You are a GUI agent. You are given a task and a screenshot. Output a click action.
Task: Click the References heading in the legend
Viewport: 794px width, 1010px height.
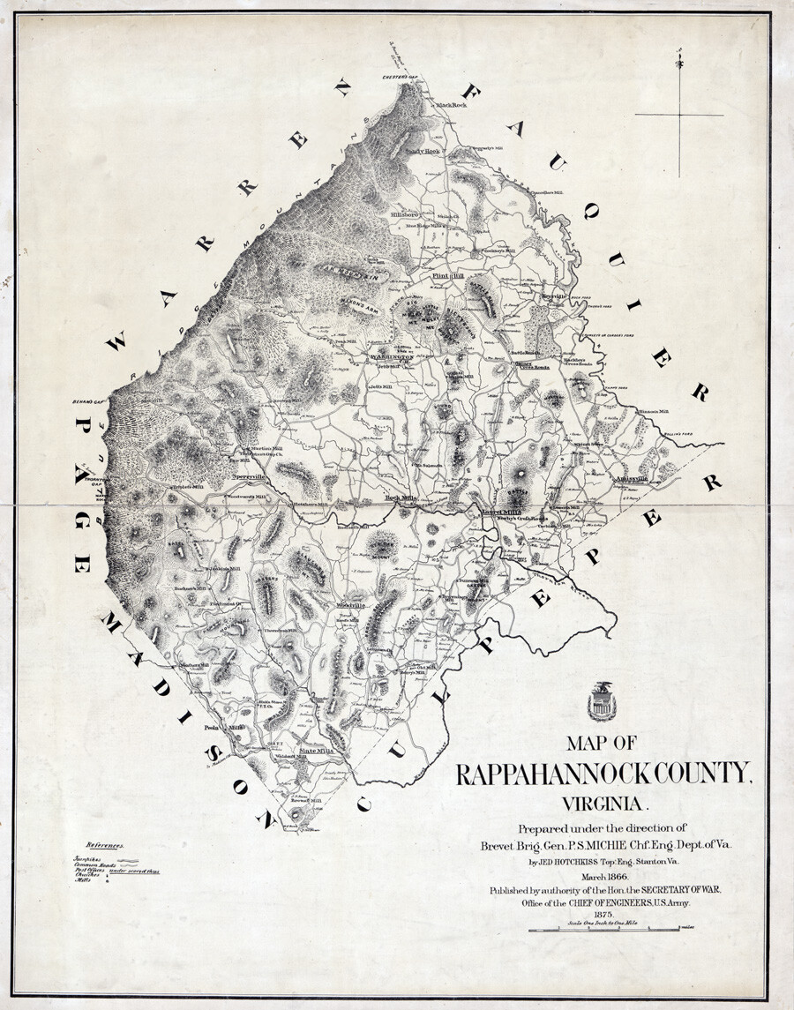(104, 845)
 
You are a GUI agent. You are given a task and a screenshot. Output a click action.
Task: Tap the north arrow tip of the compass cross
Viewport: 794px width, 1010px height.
(678, 62)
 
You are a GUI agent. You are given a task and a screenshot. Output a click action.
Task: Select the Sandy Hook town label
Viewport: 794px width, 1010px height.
(422, 151)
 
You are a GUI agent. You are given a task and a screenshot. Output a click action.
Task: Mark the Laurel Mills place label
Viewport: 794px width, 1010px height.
(501, 511)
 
